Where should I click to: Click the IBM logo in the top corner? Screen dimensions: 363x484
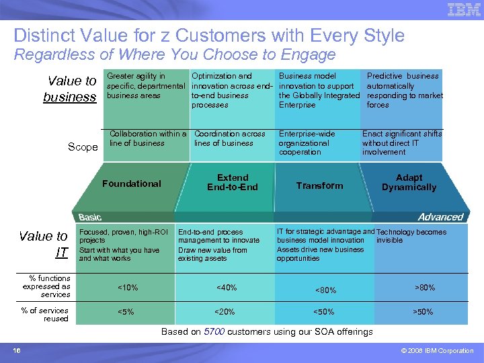pos(463,10)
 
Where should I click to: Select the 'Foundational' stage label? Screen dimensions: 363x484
pos(132,184)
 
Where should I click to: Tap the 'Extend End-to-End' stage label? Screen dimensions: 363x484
pos(233,182)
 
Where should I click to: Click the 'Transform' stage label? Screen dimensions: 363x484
pos(319,186)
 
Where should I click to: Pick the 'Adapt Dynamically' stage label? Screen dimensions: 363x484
pos(409,182)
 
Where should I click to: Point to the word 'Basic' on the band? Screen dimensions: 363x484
pos(90,217)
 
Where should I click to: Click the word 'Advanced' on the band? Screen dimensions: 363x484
pos(440,217)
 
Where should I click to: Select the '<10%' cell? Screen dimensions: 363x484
pos(128,288)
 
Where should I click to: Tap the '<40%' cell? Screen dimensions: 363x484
pos(227,288)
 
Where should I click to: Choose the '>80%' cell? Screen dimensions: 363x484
pos(425,288)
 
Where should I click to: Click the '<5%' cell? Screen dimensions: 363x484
pos(126,312)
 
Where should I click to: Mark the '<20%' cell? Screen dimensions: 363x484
pos(225,312)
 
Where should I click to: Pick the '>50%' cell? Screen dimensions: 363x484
pos(422,312)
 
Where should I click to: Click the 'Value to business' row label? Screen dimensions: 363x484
pos(71,89)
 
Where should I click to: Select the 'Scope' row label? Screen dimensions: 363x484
pos(83,147)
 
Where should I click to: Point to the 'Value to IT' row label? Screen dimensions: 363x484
pos(44,244)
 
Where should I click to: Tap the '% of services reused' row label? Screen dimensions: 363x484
pos(45,314)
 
